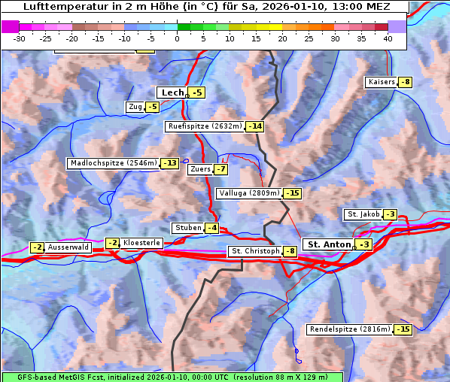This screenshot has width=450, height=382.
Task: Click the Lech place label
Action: click(172, 92)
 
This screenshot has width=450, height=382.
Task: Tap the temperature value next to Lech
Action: click(196, 92)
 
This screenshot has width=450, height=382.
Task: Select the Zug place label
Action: click(135, 107)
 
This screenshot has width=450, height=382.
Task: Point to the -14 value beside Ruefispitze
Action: click(255, 126)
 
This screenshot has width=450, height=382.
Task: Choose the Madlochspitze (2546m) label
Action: click(113, 163)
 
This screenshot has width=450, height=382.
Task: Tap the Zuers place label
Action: click(200, 169)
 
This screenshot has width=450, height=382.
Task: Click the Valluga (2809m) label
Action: click(249, 193)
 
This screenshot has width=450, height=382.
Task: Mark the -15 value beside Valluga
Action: click(292, 193)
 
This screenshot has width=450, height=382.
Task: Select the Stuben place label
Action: click(187, 228)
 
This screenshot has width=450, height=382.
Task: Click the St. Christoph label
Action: click(255, 251)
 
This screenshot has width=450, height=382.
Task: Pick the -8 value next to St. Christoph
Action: click(290, 251)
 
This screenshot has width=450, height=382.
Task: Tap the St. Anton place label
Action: click(330, 244)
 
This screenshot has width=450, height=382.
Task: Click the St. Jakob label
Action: click(363, 214)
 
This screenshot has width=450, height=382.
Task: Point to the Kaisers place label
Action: click(381, 82)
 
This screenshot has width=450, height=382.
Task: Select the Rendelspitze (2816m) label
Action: click(350, 329)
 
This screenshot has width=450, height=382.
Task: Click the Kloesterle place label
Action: click(141, 243)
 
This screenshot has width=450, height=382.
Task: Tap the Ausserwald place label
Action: click(68, 247)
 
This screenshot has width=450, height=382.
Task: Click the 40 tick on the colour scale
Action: click(388, 38)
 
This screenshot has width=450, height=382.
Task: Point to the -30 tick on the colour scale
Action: click(20, 38)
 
